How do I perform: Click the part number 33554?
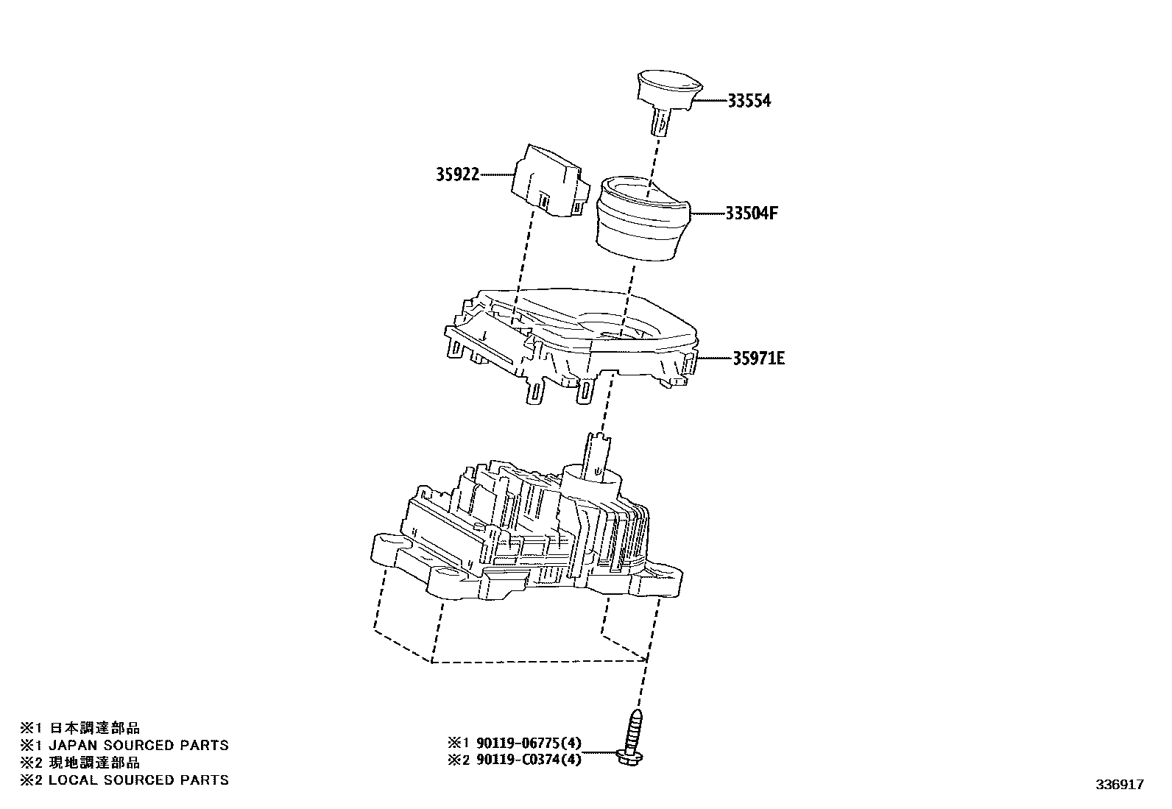(749, 101)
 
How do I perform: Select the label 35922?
(456, 174)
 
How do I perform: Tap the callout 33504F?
(752, 213)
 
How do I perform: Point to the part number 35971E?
(758, 358)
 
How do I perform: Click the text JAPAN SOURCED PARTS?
(138, 745)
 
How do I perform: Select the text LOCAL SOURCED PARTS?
(138, 780)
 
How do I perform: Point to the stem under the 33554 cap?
(660, 121)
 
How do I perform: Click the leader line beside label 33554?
(710, 100)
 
